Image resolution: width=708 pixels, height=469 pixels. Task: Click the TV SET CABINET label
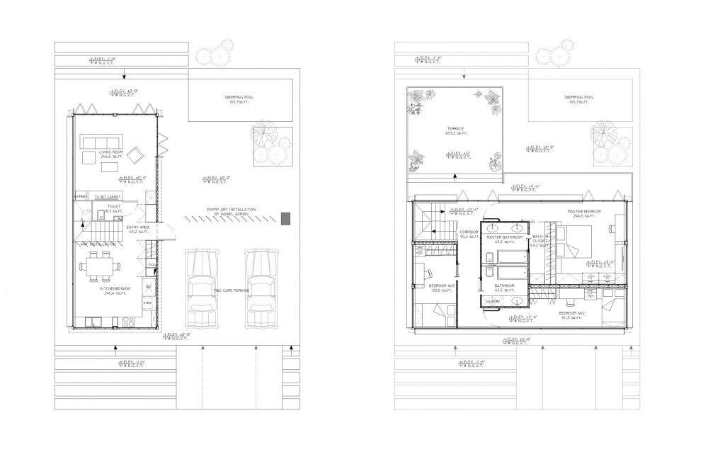pos(105,196)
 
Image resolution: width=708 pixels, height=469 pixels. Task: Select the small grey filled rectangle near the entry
pos(285,219)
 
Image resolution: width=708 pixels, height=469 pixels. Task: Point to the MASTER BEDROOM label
pos(585,212)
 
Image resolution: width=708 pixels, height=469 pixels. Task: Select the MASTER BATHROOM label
pos(506,237)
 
